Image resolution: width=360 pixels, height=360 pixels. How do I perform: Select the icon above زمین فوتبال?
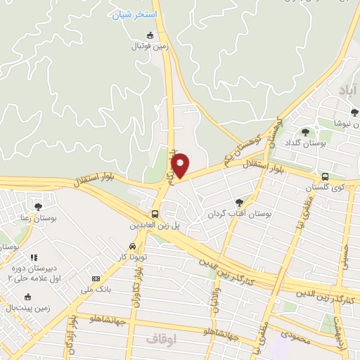click(x=149, y=35)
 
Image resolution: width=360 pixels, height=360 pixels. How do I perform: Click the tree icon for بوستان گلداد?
click(x=304, y=131)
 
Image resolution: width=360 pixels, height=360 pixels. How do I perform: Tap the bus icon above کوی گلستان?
click(x=325, y=177)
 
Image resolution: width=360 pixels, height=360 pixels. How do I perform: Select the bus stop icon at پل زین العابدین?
click(x=155, y=214)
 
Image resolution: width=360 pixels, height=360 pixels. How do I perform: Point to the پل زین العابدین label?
click(x=155, y=226)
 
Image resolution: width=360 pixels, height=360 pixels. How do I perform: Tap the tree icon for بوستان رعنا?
click(x=37, y=207)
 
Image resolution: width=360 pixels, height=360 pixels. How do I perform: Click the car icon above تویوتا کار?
click(x=133, y=247)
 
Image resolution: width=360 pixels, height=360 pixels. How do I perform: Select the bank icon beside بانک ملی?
click(x=95, y=278)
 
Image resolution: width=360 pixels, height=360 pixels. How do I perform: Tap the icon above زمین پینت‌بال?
click(x=27, y=297)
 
